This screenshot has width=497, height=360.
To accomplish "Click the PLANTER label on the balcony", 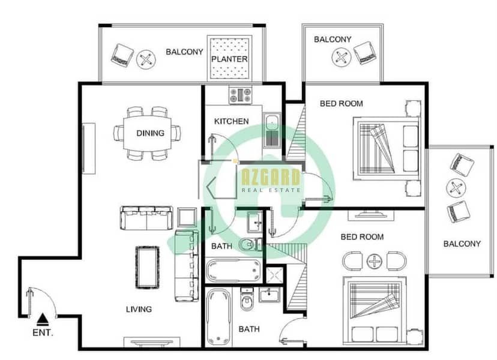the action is [x=229, y=59].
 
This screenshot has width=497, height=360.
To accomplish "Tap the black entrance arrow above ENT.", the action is [x=43, y=320].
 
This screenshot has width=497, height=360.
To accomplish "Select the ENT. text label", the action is [x=43, y=333].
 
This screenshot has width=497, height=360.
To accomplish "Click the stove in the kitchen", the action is [x=241, y=94].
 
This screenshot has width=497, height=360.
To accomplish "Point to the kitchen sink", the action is [x=272, y=130].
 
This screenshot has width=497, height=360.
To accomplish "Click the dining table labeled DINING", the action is [x=148, y=133].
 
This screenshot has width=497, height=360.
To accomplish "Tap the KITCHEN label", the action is [x=231, y=121].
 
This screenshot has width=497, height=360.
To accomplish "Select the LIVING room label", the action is [x=139, y=309].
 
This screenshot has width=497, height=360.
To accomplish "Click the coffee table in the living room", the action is [x=148, y=268].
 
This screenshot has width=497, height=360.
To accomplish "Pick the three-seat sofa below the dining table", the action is [x=146, y=218].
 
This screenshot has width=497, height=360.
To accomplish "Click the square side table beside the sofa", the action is [x=186, y=217].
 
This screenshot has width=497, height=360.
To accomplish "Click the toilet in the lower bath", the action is [x=247, y=301].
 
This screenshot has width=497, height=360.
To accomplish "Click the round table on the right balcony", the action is [x=456, y=188].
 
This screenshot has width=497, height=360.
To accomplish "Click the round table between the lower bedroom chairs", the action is [x=375, y=262].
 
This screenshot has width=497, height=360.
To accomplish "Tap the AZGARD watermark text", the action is [x=271, y=177].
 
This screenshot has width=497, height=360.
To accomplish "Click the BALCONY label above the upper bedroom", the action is [x=333, y=39].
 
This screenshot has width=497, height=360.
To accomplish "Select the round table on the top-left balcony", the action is [x=146, y=59].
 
